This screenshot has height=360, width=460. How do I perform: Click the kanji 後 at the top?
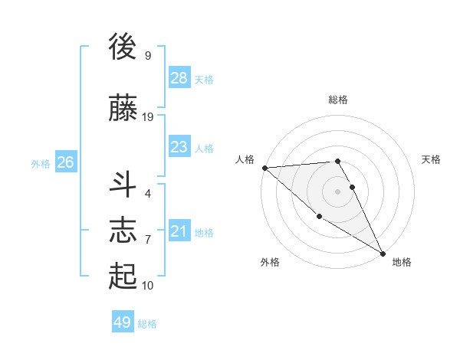123,48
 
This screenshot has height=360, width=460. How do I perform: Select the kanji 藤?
123,109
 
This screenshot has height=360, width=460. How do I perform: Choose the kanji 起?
123,277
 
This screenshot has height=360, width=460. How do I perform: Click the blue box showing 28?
179,78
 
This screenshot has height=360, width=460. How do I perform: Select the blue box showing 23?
179,147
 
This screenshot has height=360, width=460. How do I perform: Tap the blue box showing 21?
179,231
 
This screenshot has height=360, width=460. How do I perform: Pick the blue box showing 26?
66,162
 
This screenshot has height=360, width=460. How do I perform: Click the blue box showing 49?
123,322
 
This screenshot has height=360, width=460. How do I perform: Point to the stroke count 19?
148,117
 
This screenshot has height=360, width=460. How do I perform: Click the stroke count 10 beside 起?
148,286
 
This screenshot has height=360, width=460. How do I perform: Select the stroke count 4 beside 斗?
148,194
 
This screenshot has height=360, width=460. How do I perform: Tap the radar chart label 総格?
338,100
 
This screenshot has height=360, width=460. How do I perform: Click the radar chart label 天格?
432,159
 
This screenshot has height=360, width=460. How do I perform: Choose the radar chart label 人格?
245,159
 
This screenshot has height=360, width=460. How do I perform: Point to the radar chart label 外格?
270,262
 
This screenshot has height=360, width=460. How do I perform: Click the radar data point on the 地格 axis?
383,254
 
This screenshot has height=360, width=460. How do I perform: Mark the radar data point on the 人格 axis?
264,168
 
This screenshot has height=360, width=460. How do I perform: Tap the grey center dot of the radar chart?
338,191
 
